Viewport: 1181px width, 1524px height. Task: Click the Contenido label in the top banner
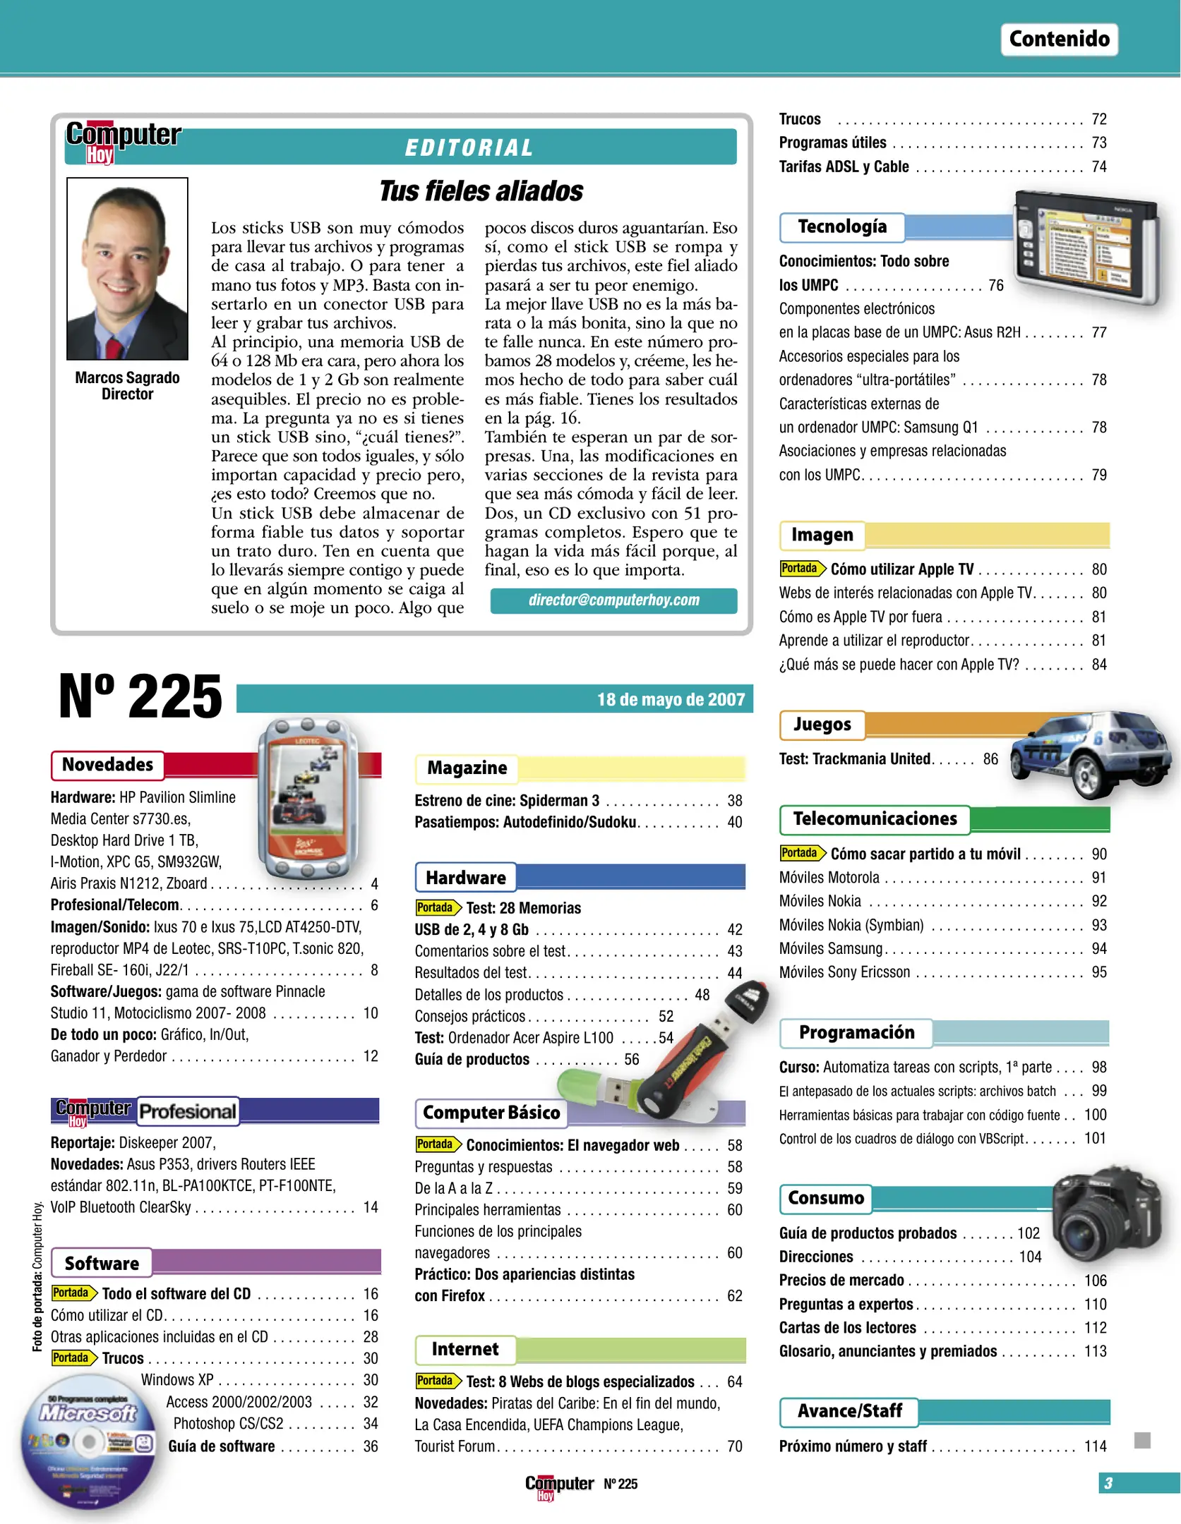coord(1059,39)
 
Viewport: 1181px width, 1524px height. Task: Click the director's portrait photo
coord(127,268)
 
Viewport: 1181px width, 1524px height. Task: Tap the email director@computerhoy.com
coord(613,600)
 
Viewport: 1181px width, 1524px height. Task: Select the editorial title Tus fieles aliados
coord(481,191)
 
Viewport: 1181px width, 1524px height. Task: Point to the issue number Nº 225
coord(140,696)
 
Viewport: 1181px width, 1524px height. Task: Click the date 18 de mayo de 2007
coord(670,699)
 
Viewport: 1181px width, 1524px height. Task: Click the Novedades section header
coord(107,765)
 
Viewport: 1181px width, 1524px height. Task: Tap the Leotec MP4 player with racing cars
coord(308,801)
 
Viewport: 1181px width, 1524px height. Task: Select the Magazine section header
coord(467,768)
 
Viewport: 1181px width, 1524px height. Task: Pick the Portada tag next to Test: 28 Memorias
coord(436,907)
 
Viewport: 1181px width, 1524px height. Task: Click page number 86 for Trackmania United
coord(990,759)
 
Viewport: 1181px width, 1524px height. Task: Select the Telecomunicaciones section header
coord(875,819)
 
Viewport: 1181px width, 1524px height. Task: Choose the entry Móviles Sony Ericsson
coord(844,972)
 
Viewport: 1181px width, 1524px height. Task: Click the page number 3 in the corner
coord(1108,1483)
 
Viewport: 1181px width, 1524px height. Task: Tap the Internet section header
coord(464,1350)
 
